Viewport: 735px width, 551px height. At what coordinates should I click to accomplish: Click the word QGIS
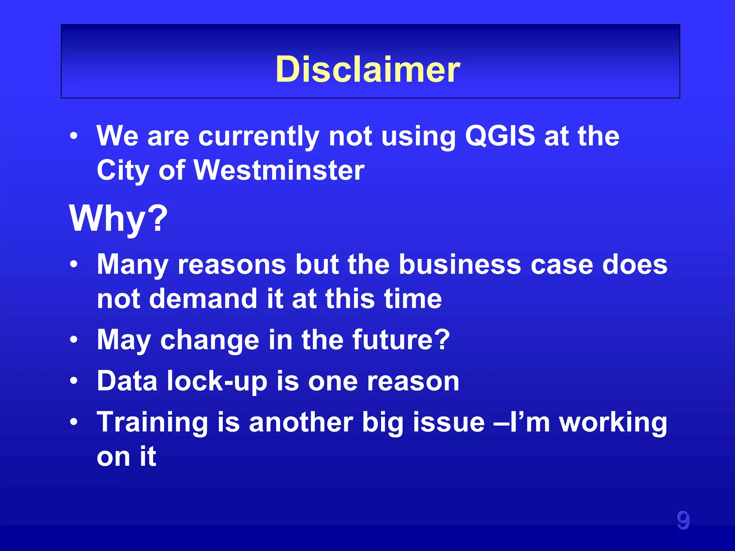click(500, 136)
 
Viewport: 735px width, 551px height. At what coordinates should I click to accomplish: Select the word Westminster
click(279, 170)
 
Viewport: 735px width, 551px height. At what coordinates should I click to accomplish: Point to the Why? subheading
click(118, 218)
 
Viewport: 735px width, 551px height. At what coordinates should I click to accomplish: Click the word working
click(613, 423)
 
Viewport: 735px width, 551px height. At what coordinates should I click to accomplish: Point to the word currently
click(259, 137)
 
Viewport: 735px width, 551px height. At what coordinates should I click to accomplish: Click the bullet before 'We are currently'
click(74, 136)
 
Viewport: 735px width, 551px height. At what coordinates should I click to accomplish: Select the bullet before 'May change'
click(74, 340)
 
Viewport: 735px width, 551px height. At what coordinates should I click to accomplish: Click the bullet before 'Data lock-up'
click(74, 381)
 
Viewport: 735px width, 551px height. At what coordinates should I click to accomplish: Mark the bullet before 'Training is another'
click(74, 422)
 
